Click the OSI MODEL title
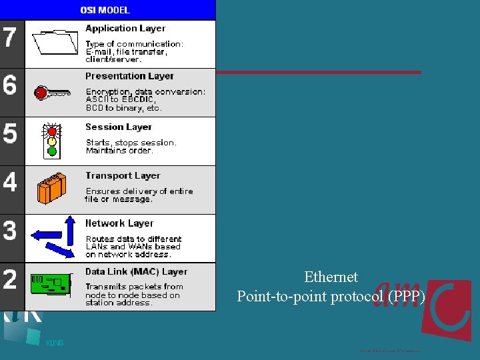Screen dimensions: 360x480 [105, 10]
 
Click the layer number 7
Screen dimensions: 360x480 [9, 37]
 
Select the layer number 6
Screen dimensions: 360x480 [9, 85]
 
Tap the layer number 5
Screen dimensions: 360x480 [9, 133]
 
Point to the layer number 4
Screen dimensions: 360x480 [9, 182]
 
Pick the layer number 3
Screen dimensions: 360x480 [9, 231]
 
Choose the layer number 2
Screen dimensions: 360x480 [9, 279]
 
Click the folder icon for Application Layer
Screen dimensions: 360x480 [55, 42]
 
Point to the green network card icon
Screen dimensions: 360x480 [51, 285]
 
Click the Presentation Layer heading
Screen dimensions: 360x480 [129, 76]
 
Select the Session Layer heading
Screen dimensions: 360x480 [119, 127]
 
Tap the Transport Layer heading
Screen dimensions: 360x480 [123, 175]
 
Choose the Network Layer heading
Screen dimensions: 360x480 [119, 223]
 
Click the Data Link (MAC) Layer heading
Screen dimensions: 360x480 [136, 272]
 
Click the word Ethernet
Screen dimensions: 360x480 [331, 277]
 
